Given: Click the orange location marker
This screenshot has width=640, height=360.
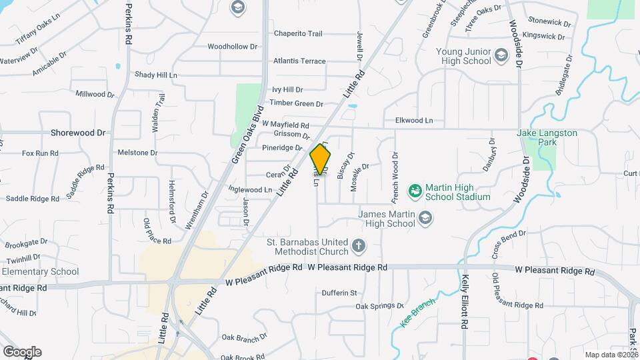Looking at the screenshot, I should click(321, 160).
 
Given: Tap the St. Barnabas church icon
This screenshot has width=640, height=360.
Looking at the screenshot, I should click(358, 246).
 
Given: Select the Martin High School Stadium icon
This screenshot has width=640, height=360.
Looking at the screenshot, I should click(415, 191).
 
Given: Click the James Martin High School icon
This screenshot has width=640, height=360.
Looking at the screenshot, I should click(425, 217).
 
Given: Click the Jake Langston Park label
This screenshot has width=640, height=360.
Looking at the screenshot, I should click(547, 137).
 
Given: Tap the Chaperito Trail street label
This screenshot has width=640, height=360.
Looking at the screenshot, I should click(298, 34).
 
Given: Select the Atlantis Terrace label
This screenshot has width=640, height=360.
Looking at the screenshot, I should click(299, 61).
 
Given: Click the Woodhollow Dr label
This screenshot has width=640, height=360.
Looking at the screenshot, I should click(232, 47).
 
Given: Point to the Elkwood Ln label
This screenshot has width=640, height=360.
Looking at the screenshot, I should click(414, 121).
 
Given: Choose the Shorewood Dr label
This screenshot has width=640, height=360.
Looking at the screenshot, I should click(78, 133).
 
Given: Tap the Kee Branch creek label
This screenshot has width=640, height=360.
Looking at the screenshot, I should click(417, 312).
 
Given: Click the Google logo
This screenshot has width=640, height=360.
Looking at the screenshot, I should click(21, 351).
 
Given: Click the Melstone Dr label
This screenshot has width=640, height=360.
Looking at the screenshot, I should click(137, 153).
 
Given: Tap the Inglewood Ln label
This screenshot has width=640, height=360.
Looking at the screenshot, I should click(250, 189).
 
